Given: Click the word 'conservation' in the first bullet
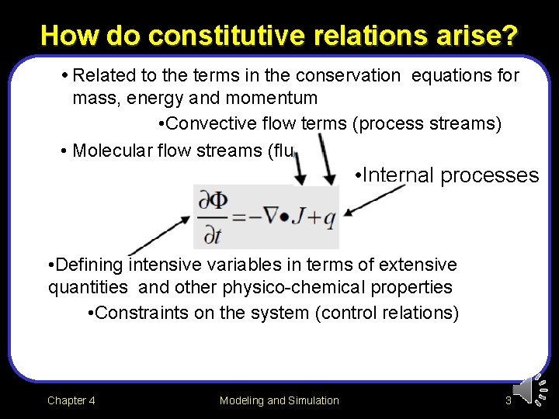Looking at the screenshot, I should (x=352, y=76).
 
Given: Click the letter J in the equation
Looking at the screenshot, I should (x=299, y=218).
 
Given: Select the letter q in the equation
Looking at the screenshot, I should (x=329, y=220).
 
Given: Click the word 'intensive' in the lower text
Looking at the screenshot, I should (x=160, y=265).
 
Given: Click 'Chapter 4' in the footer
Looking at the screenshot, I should (x=71, y=400).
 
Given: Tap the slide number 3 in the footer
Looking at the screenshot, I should (x=508, y=400).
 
